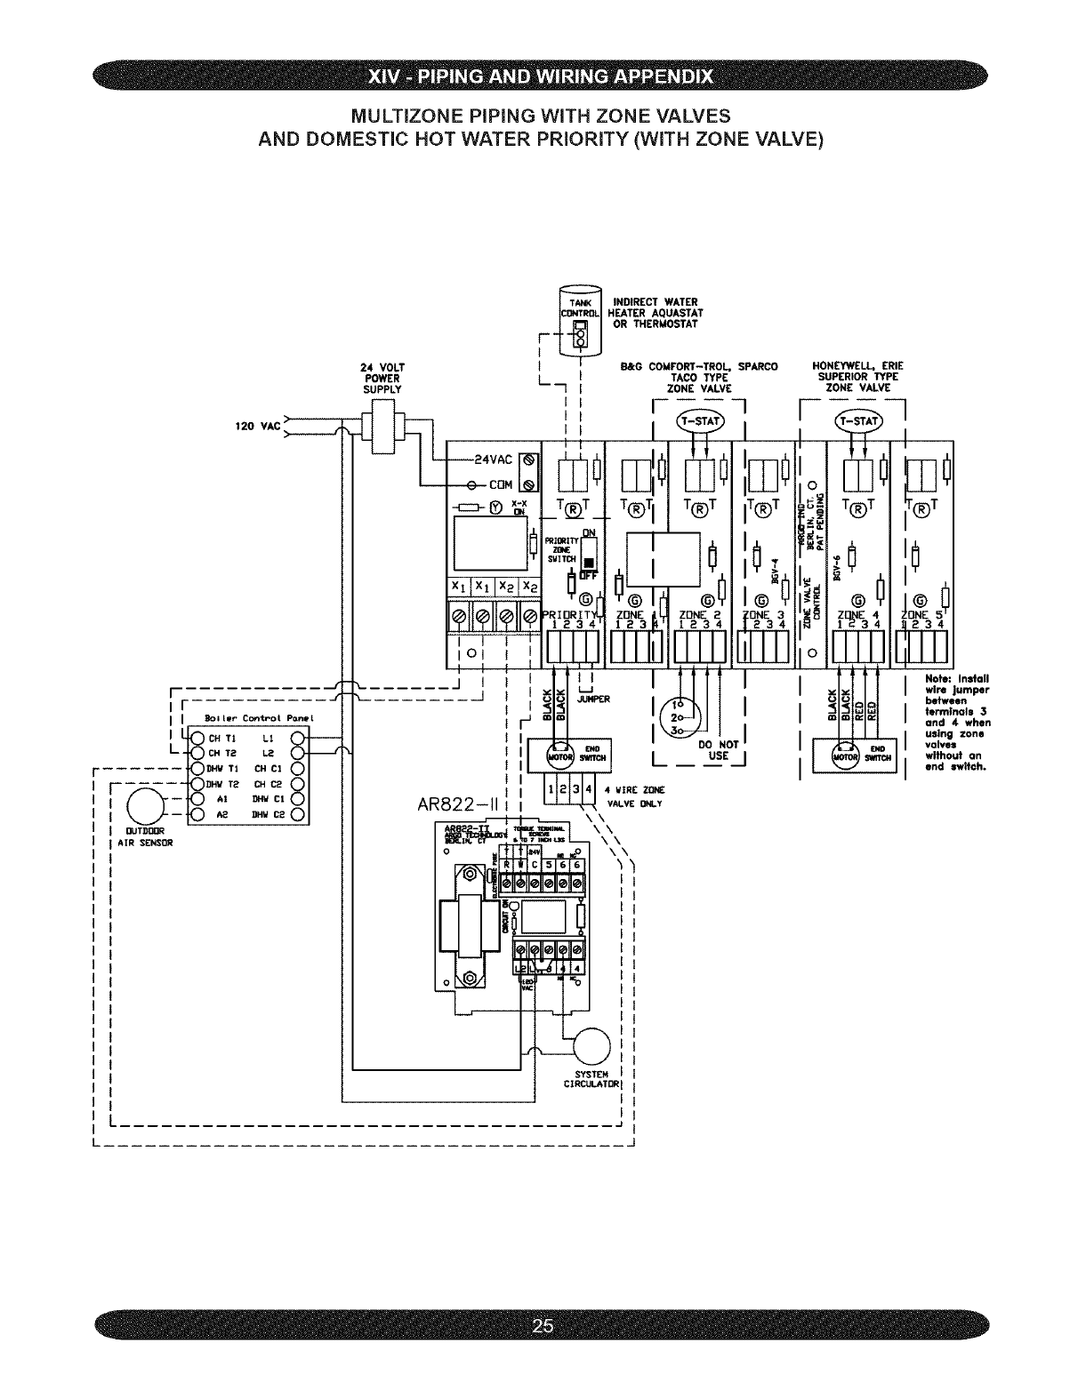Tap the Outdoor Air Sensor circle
point(147,807)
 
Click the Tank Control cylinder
point(581,321)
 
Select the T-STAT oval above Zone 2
point(702,420)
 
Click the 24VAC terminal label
point(492,460)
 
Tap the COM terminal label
point(499,484)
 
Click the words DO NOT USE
point(719,750)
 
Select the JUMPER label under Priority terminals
point(593,699)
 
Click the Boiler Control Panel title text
point(243,717)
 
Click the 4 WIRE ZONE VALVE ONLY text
point(630,796)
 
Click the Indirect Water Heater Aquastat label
point(655,313)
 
